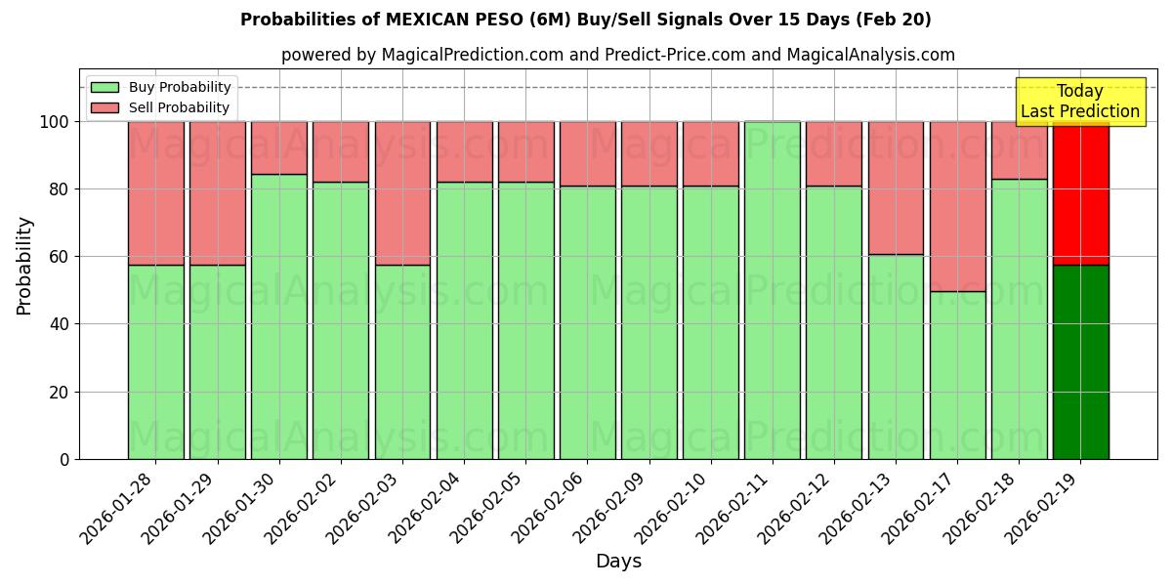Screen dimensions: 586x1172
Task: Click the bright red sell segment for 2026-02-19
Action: (1080, 192)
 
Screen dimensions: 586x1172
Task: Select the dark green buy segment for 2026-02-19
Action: (1080, 361)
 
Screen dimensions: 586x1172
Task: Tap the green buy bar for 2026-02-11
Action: (772, 290)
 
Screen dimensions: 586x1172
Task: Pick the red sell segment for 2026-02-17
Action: (957, 206)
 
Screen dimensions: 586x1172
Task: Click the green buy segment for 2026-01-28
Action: (155, 361)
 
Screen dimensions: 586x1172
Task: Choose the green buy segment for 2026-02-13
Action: (896, 356)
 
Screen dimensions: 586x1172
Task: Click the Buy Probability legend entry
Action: (160, 87)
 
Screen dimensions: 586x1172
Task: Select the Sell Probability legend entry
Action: (160, 107)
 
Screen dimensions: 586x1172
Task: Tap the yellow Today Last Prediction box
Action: (1079, 102)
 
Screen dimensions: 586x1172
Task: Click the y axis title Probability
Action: (24, 266)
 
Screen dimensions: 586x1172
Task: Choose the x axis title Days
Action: (618, 562)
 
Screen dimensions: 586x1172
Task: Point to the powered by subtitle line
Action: (618, 55)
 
